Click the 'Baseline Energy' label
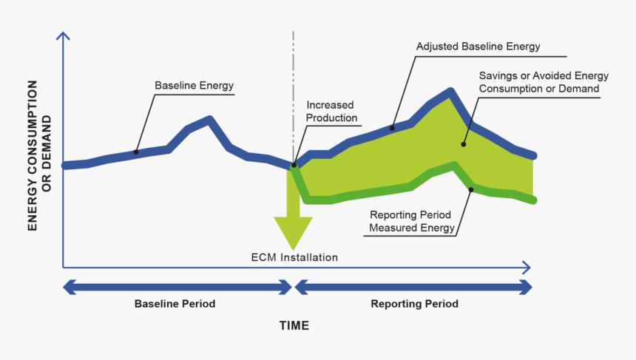(194, 86)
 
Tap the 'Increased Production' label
(331, 112)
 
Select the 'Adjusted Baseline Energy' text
(478, 46)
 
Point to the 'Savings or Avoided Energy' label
(543, 76)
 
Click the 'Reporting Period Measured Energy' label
(411, 222)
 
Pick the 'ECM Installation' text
(294, 258)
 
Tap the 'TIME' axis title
(294, 325)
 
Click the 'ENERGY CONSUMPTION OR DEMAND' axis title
(39, 172)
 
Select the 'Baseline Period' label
(175, 304)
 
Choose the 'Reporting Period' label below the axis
(414, 304)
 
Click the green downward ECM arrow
(294, 222)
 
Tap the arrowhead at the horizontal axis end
(526, 266)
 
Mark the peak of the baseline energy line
(211, 119)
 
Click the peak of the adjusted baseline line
(449, 92)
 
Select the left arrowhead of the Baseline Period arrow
(70, 287)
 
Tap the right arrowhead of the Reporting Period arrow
(527, 287)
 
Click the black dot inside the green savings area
(464, 145)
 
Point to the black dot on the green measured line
(471, 189)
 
